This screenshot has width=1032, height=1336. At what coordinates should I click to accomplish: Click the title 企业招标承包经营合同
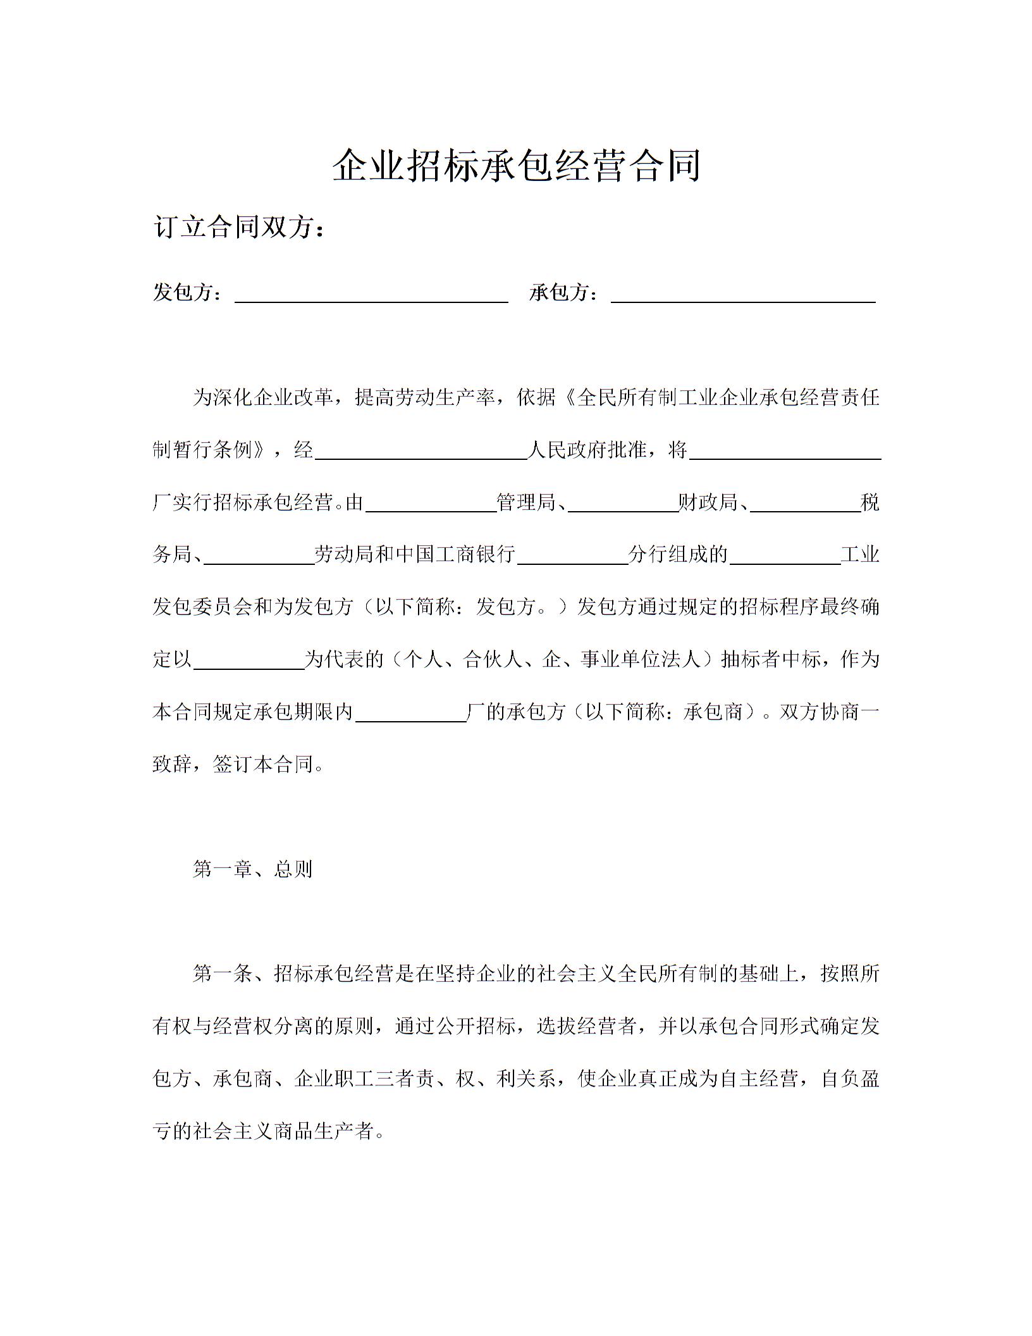(516, 166)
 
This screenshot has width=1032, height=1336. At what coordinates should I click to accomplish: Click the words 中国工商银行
(455, 555)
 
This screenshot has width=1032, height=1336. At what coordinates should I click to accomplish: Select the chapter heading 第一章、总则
(252, 870)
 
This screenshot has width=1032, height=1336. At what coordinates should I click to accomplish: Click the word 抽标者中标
(770, 659)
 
